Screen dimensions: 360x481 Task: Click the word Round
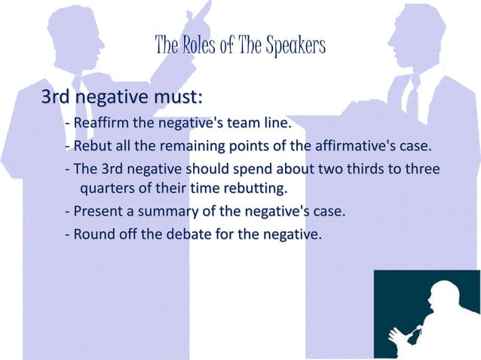tap(94, 234)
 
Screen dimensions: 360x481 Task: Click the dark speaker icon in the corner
tap(426, 314)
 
